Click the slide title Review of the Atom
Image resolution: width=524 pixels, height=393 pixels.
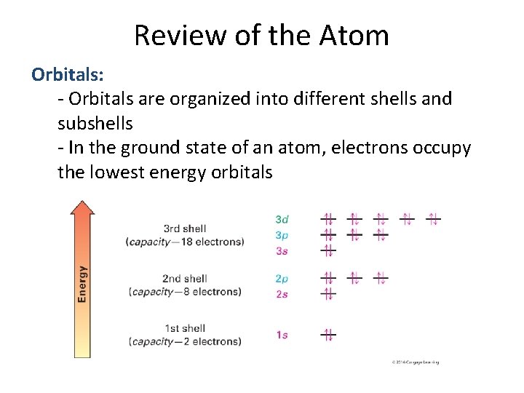261,35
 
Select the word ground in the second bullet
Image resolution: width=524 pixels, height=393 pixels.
154,148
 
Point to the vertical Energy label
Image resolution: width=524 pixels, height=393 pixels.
82,284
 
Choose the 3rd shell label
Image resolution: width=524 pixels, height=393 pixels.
185,229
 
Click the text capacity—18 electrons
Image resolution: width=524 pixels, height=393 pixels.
185,242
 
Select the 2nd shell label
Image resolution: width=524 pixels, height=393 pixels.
185,279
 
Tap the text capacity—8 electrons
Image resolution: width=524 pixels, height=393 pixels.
185,292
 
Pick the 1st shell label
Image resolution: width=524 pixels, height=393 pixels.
185,328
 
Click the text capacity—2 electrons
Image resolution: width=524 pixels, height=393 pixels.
185,341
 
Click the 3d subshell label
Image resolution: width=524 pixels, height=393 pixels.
282,218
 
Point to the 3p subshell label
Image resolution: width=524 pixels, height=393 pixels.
282,235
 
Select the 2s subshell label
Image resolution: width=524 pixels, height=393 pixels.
282,294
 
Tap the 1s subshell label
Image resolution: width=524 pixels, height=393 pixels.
282,335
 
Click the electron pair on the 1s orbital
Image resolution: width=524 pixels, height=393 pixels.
328,335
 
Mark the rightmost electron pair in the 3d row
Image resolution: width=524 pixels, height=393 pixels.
432,218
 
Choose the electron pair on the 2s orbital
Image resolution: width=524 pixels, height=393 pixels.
328,294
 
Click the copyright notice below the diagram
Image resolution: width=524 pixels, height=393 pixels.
415,362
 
